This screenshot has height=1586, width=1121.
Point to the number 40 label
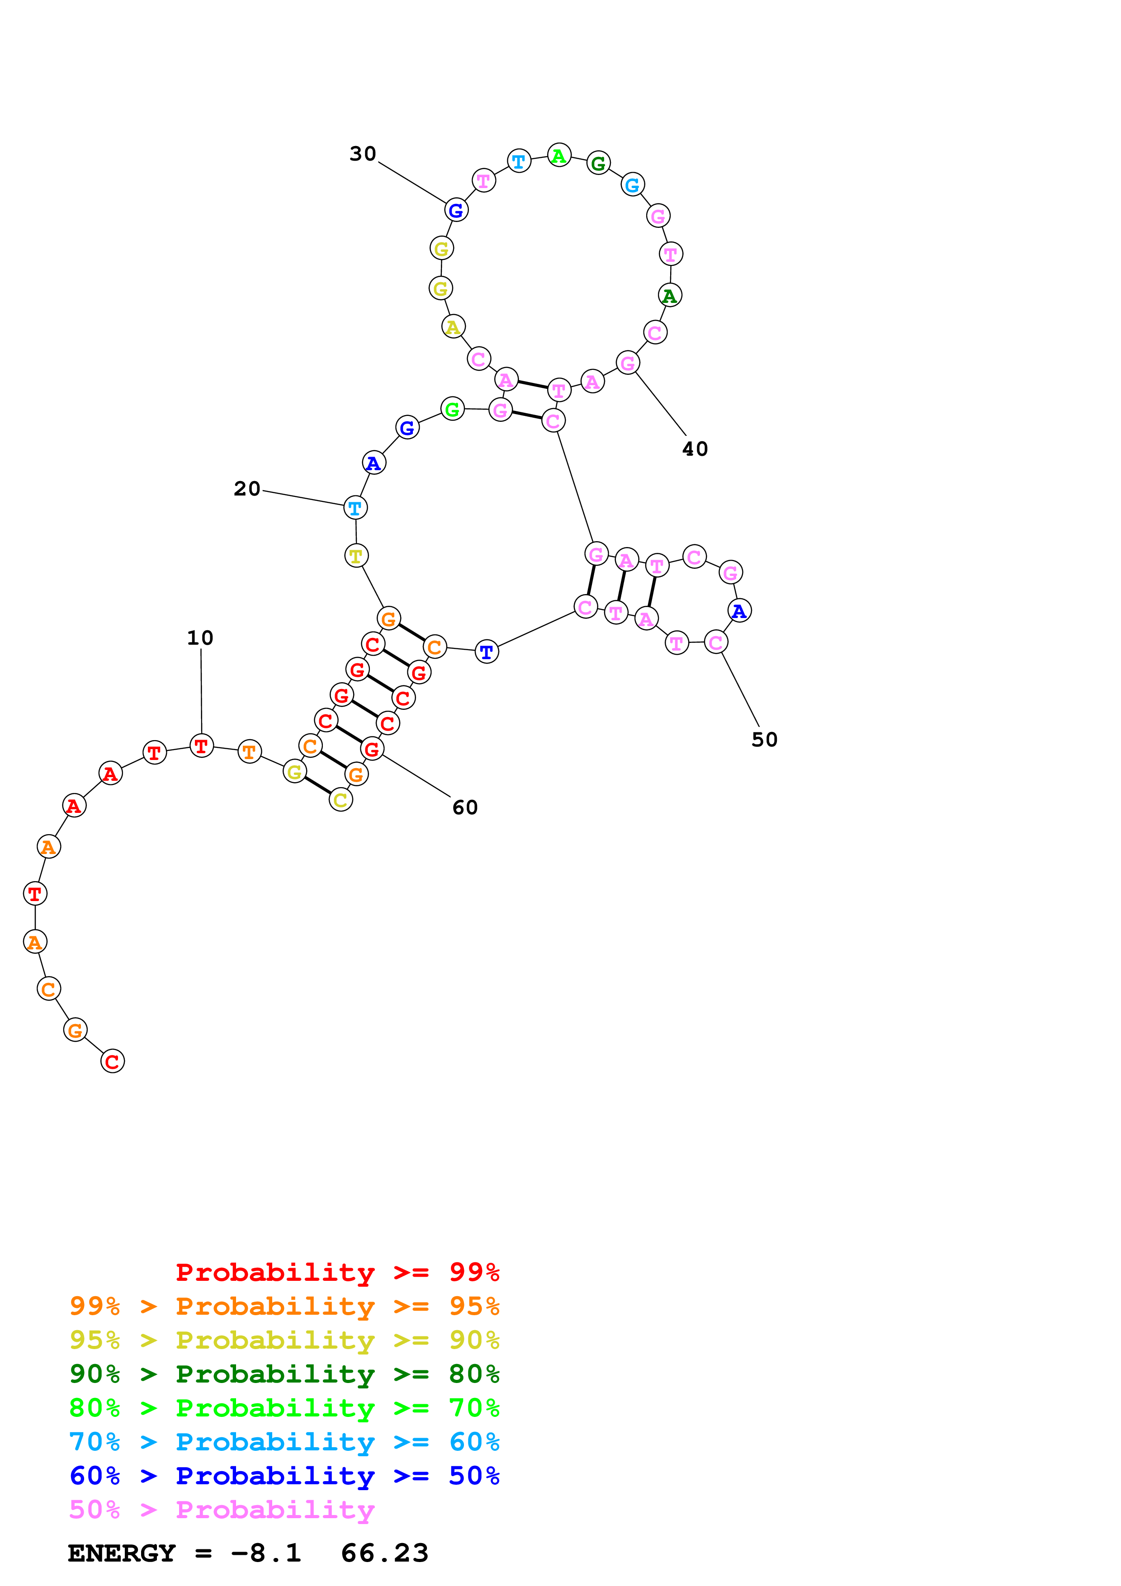[695, 449]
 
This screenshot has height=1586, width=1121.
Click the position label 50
[765, 740]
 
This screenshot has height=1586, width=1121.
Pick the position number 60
[465, 807]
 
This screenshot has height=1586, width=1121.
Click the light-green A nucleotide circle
[559, 156]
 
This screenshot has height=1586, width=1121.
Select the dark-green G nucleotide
[598, 164]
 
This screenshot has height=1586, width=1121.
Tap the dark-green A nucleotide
[669, 296]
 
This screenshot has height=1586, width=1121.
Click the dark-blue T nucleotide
[486, 651]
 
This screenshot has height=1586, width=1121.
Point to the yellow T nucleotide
[356, 555]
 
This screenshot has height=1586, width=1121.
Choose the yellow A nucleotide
[453, 327]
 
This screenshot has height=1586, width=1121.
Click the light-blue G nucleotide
[632, 185]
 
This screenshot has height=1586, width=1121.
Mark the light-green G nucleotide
[452, 410]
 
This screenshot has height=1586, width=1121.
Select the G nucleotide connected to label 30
[456, 210]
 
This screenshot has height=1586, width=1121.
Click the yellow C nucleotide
[341, 800]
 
